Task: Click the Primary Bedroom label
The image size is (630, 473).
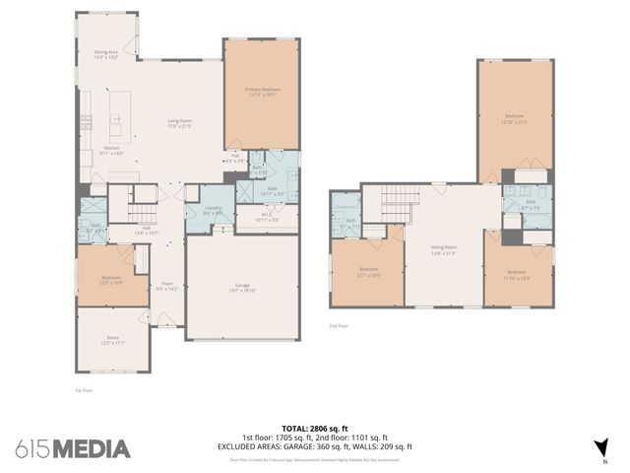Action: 262,92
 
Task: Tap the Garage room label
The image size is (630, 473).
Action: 242,289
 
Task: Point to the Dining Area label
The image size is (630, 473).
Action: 105,56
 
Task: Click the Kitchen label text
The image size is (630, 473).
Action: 111,150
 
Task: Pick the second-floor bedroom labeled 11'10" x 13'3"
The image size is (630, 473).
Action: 517,274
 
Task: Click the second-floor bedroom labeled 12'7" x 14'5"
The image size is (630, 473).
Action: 368,271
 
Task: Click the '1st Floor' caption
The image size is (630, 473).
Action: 84,390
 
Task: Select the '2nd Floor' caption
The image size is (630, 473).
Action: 339,325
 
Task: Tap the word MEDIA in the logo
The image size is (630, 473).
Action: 91,449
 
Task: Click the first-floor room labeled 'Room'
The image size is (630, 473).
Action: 112,340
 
